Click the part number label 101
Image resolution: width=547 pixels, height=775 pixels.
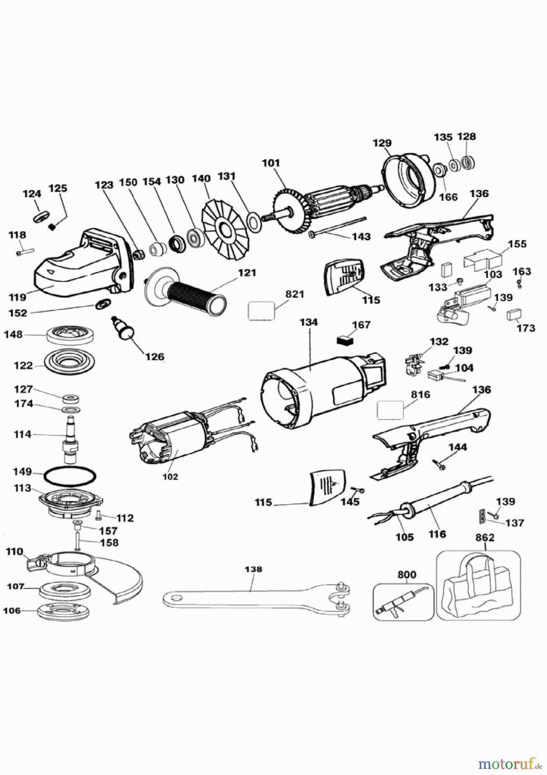point(271,163)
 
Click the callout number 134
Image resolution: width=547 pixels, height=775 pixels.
point(308,322)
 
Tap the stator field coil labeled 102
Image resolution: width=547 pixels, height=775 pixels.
point(172,443)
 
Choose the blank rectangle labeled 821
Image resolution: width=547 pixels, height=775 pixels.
point(261,310)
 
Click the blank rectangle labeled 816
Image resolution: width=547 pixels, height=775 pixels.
point(390,409)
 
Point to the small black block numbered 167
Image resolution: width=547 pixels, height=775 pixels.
point(345,340)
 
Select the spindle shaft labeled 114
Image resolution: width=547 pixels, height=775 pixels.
point(71,439)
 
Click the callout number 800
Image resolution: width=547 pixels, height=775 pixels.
point(406,575)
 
